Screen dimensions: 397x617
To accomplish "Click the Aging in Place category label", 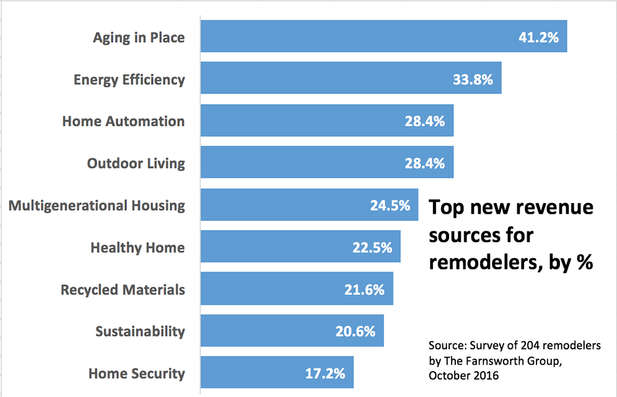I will (x=139, y=38).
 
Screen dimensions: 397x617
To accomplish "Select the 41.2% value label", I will (x=538, y=38).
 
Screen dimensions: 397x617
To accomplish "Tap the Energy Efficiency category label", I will (x=129, y=80).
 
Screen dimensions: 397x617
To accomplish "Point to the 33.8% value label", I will (x=473, y=80).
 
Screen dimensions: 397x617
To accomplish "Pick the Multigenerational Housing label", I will (x=97, y=206).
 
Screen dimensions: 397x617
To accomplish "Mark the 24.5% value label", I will (x=390, y=206).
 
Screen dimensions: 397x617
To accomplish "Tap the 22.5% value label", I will (x=372, y=248).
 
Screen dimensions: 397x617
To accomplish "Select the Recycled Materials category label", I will (x=123, y=290).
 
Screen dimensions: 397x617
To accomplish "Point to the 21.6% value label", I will (x=364, y=290).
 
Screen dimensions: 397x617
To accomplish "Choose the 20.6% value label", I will (x=356, y=331).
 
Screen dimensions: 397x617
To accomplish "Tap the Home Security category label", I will (x=137, y=373).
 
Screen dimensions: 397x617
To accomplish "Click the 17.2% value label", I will (x=325, y=373).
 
